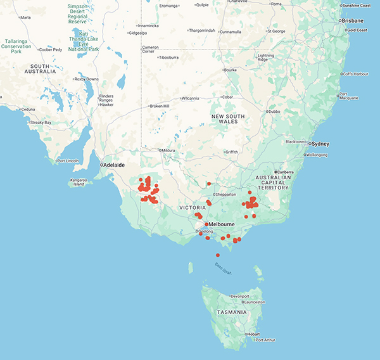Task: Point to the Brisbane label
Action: tap(354, 20)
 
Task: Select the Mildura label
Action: tap(168, 150)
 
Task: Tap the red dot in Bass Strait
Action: tap(218, 255)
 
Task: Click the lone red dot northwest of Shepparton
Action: tap(209, 184)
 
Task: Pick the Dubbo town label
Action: tap(274, 112)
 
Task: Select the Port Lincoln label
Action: tap(68, 160)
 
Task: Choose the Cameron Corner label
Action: tap(151, 49)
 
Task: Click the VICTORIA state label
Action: tap(193, 207)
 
